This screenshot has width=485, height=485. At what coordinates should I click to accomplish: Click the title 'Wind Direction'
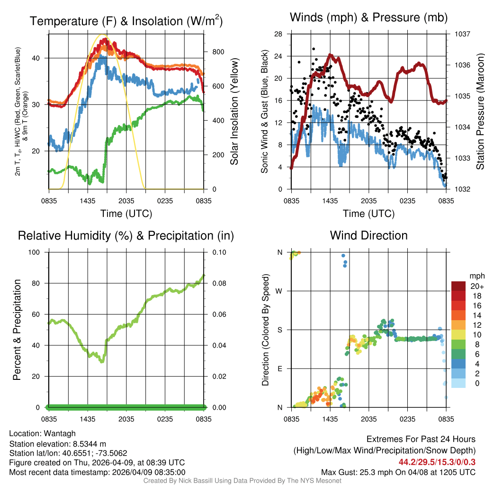click(368, 235)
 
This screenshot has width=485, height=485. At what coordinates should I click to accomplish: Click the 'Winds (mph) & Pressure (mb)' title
click(368, 18)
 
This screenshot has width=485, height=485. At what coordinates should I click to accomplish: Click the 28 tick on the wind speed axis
click(278, 34)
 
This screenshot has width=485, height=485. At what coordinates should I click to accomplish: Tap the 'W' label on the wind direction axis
click(279, 291)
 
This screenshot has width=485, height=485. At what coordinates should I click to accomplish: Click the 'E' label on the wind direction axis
click(279, 368)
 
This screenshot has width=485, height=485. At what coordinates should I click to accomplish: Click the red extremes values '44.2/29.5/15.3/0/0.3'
click(437, 462)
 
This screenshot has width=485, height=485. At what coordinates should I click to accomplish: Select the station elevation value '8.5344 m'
click(87, 443)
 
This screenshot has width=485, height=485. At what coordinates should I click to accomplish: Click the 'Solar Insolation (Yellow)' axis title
click(234, 112)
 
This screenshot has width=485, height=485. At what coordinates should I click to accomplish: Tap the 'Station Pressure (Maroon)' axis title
click(479, 112)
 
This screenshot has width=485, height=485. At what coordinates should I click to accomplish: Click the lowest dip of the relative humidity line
click(101, 362)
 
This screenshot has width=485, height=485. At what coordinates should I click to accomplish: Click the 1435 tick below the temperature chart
click(88, 201)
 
